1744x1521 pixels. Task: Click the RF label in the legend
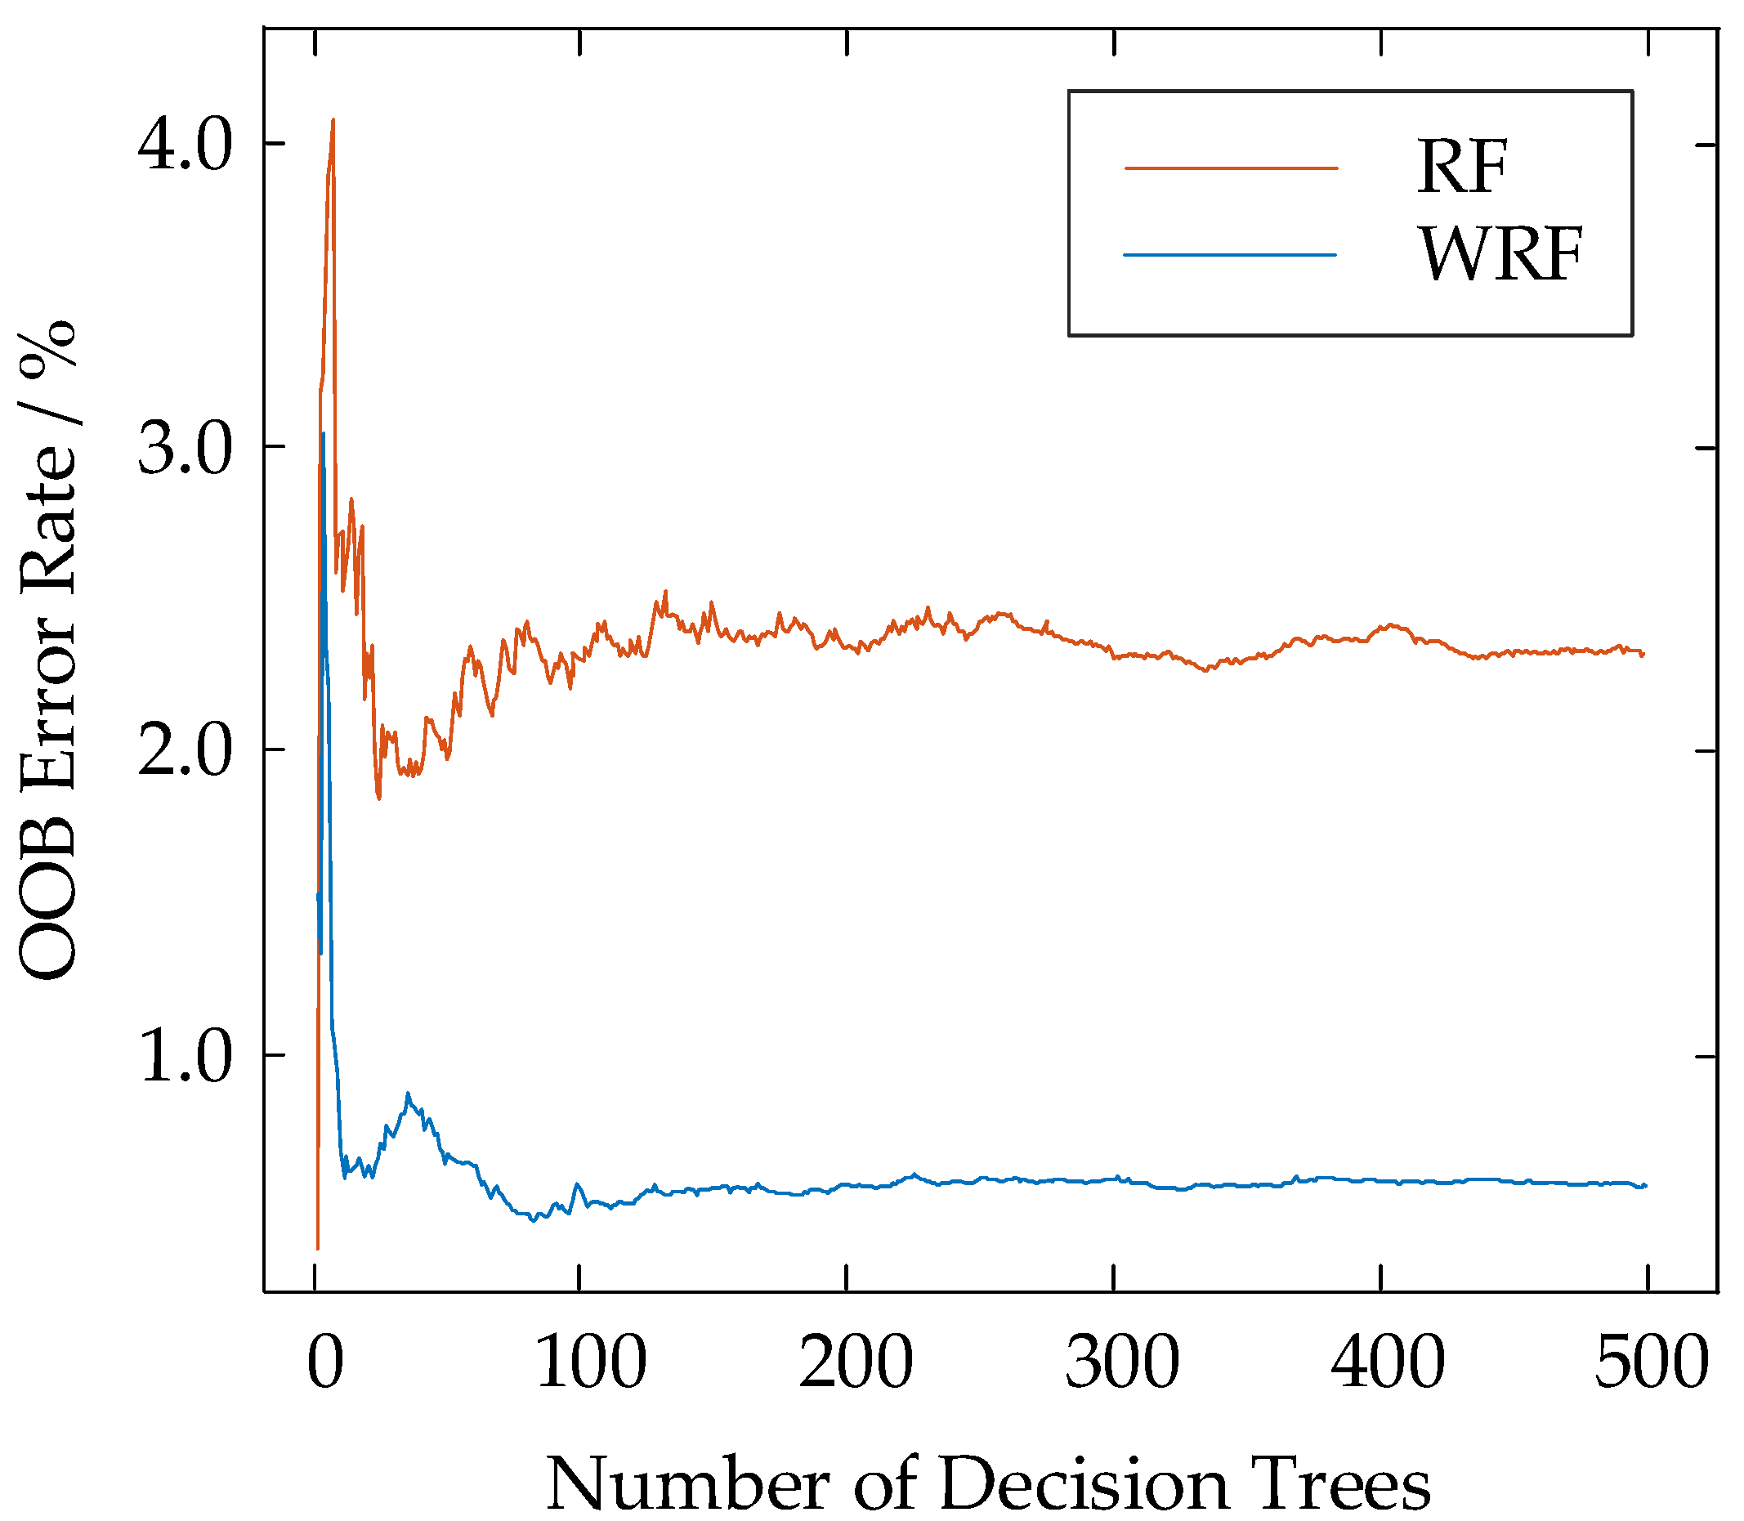(1461, 168)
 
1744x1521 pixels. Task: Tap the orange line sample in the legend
(1231, 168)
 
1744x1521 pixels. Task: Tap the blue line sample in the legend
(1230, 255)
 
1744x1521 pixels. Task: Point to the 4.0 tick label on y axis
(184, 145)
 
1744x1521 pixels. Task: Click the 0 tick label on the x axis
(325, 1361)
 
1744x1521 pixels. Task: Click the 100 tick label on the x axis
(592, 1361)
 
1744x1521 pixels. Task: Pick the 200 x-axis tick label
(856, 1361)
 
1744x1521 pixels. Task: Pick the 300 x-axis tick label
(1122, 1361)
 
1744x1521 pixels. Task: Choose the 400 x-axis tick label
(1388, 1361)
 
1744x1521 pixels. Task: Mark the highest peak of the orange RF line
(333, 119)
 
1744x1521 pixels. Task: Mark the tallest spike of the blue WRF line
(324, 434)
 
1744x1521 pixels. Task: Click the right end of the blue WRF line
(1646, 1185)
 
